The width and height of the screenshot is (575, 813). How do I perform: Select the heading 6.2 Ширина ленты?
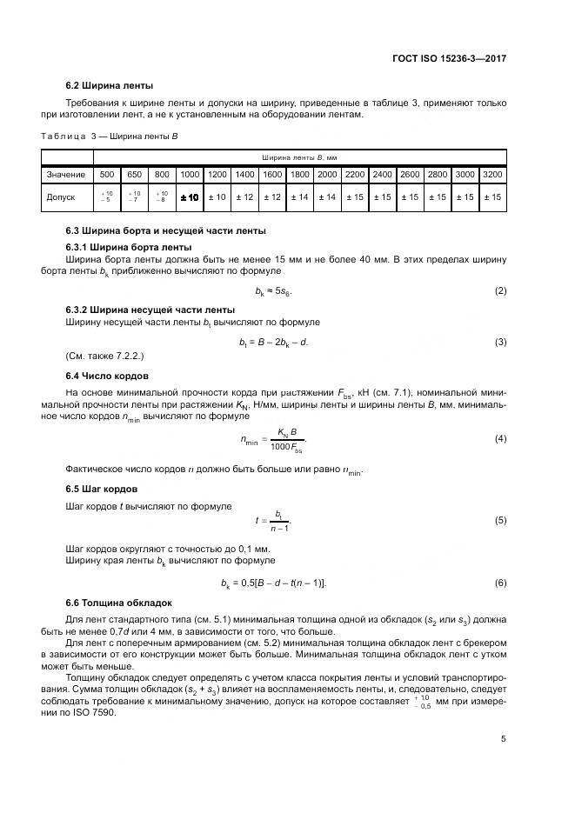[110, 85]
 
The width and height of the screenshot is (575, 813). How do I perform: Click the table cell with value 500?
[108, 175]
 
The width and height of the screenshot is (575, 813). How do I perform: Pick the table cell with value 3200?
[492, 175]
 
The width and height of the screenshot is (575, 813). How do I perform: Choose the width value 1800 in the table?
[299, 175]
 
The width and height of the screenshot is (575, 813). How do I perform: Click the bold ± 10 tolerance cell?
[189, 197]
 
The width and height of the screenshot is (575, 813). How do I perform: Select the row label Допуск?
[62, 197]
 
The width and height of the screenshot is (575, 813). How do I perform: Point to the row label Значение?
[66, 175]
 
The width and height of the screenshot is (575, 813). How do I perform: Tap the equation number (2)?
[500, 290]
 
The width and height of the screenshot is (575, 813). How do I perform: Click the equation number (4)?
[500, 439]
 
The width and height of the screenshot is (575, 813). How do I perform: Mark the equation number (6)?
[500, 582]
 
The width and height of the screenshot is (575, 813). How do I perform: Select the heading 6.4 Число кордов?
[107, 376]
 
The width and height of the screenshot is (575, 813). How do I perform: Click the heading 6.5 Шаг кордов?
[102, 488]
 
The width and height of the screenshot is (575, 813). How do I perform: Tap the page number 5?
[503, 739]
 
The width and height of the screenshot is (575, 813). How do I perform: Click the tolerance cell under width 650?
[134, 197]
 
